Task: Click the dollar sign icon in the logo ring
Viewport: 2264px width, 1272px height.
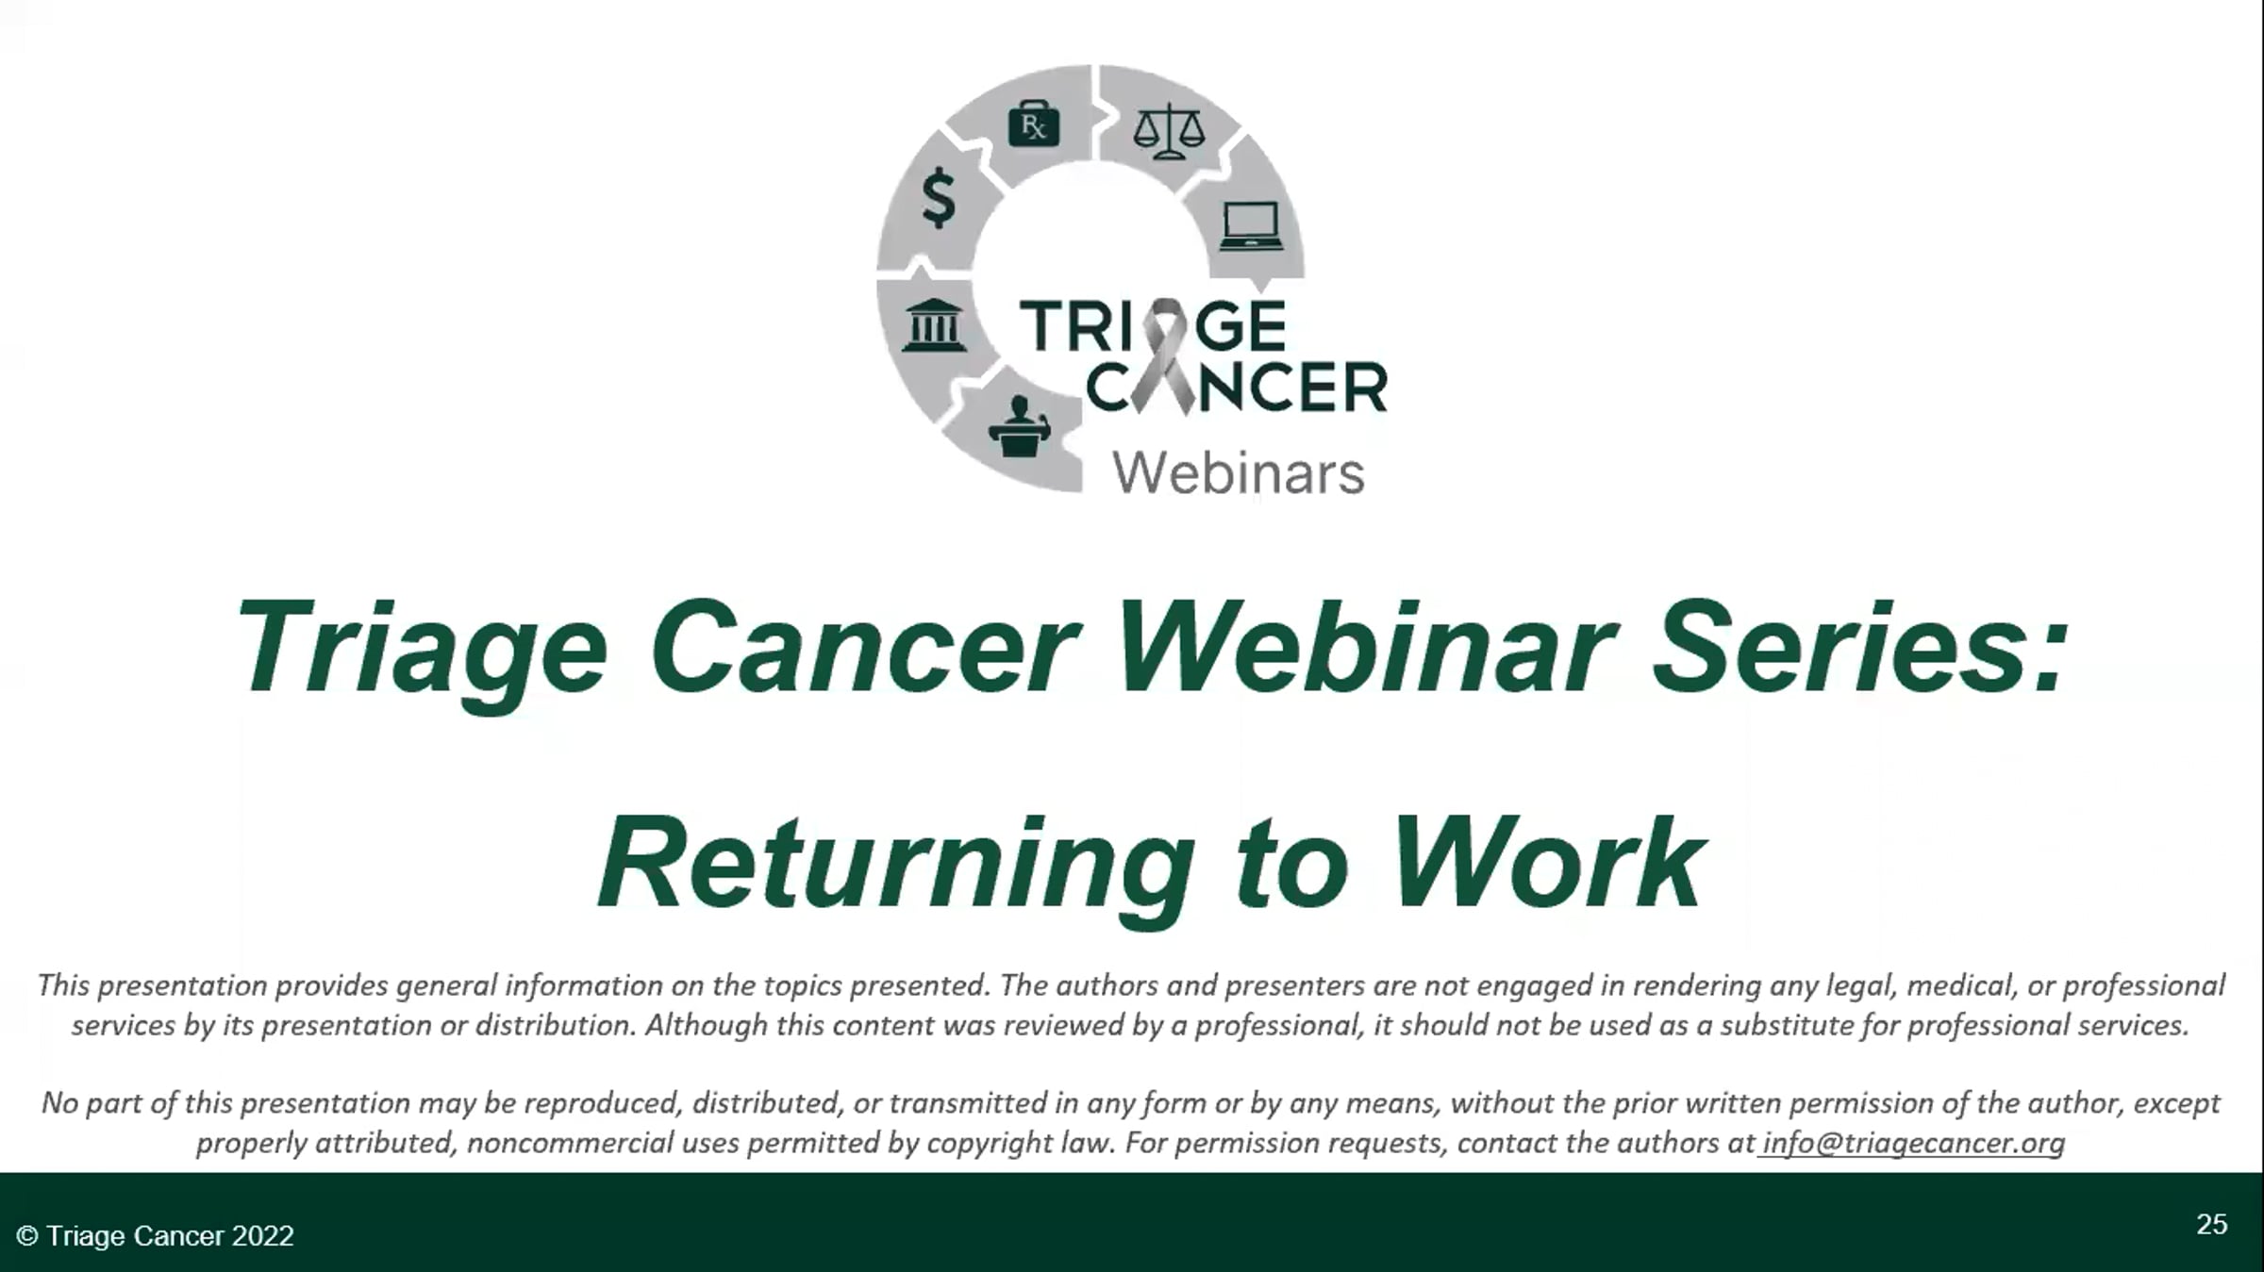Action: coord(939,198)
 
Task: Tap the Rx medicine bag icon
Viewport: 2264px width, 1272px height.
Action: coord(1034,124)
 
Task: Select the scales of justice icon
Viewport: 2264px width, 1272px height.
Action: coord(1169,130)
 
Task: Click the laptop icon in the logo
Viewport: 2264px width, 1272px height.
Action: coord(1251,226)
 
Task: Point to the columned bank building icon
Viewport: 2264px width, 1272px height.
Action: coord(933,324)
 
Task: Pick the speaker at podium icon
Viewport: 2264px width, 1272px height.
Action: coord(1019,427)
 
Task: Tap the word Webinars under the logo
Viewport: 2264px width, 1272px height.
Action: coord(1239,472)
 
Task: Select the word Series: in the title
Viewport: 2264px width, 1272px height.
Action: coord(1861,650)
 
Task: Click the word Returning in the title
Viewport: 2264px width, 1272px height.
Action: coord(896,865)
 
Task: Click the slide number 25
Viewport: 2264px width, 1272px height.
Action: coord(2212,1224)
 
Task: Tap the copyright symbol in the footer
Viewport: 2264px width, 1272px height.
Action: coord(27,1235)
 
